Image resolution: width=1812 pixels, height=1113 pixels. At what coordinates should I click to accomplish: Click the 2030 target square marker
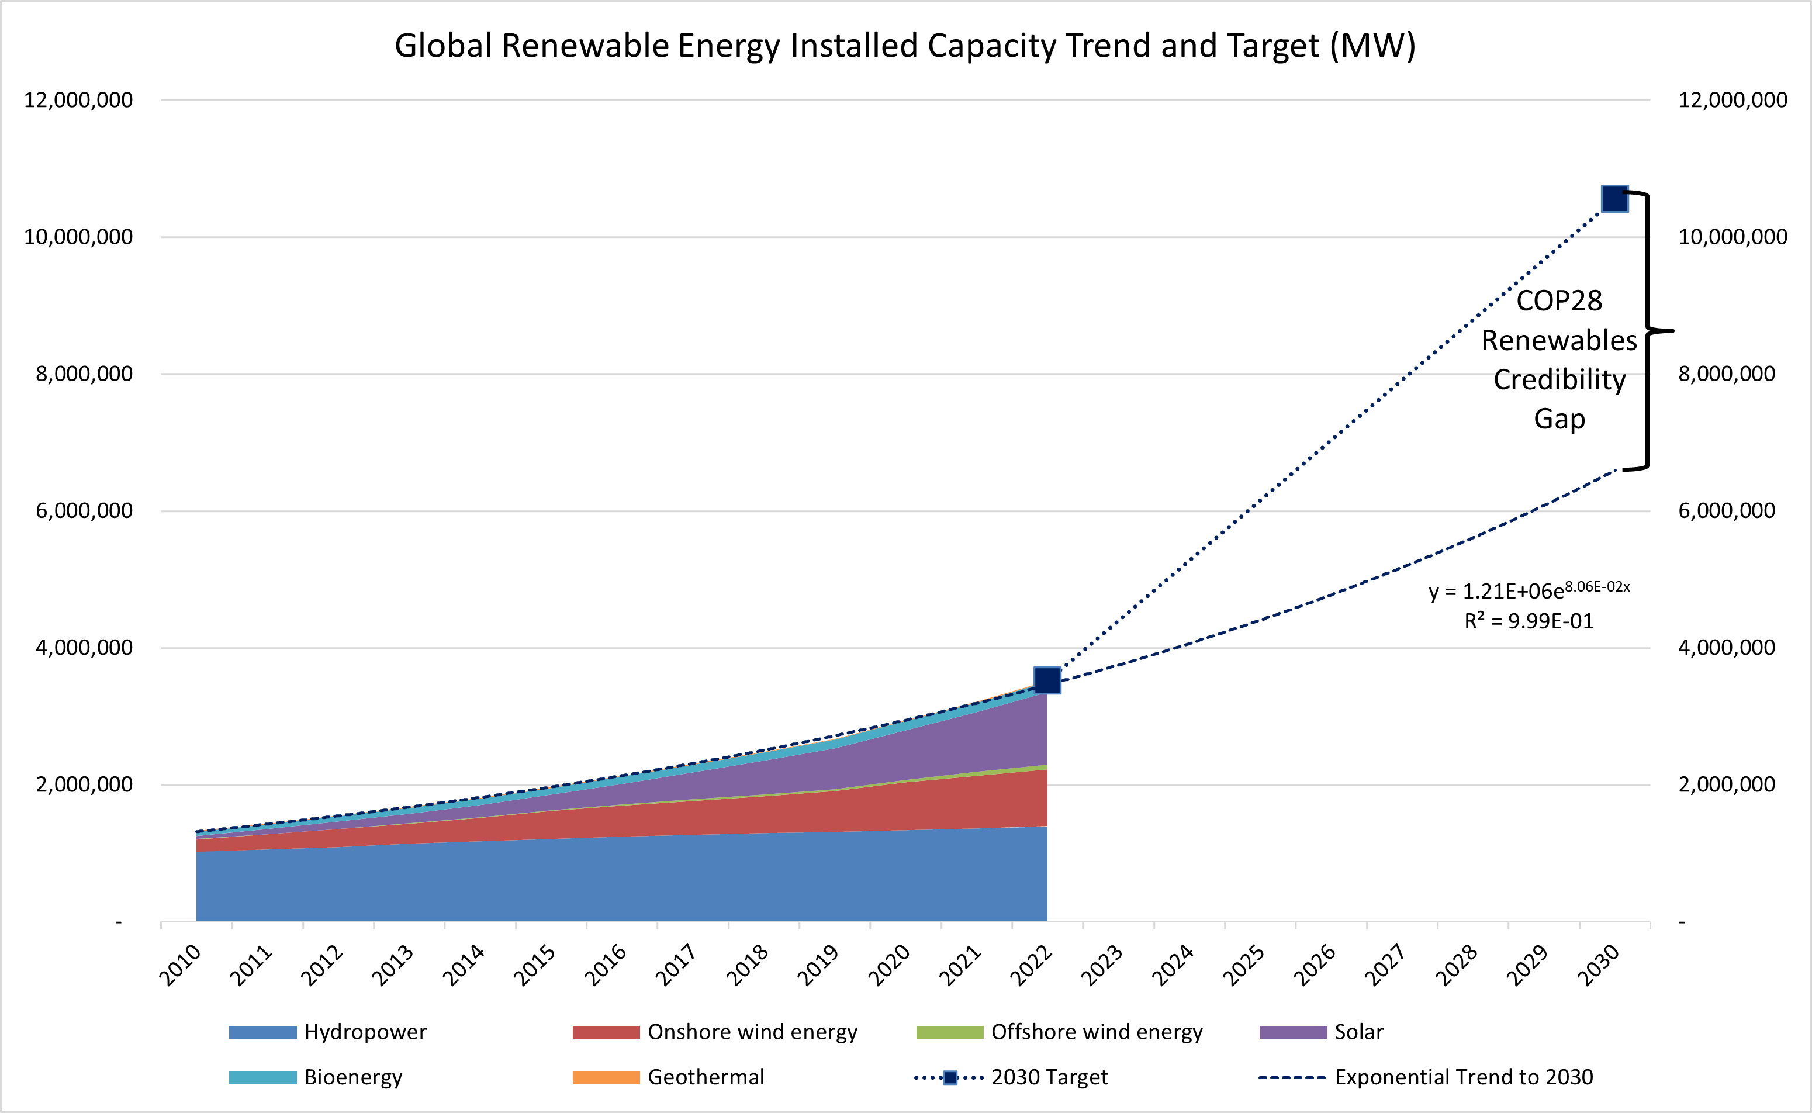[x=1615, y=199]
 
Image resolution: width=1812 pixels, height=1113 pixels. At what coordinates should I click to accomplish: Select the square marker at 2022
[x=1047, y=680]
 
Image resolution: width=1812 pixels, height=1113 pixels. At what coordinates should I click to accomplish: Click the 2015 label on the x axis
[x=535, y=965]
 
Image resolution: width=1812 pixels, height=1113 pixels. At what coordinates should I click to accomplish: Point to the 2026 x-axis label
[x=1315, y=965]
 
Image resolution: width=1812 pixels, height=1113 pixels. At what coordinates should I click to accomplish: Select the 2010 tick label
[x=180, y=965]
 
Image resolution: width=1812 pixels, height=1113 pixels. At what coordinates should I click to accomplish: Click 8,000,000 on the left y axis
[x=84, y=374]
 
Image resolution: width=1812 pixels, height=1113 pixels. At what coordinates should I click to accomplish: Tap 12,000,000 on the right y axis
[x=1732, y=100]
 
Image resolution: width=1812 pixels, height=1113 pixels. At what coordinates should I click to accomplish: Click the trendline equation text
[x=1529, y=590]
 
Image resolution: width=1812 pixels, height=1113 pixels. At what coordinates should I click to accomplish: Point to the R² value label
[x=1529, y=621]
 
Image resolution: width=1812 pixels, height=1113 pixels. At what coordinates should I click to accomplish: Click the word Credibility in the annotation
[x=1559, y=380]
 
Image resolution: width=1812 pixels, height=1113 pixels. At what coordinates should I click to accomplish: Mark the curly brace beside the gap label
[x=1648, y=331]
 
